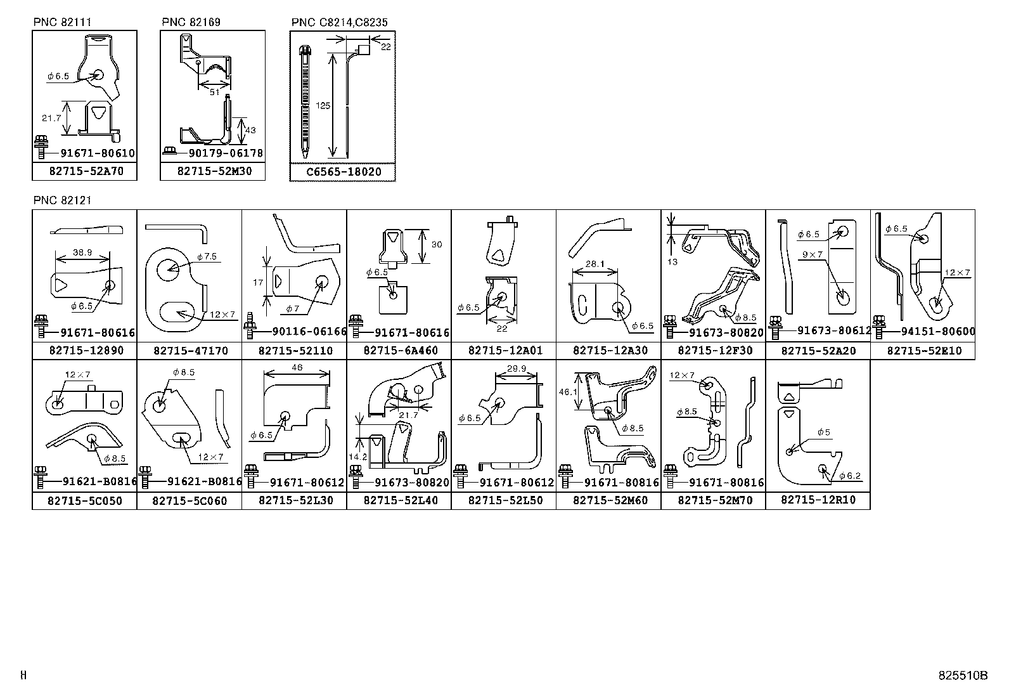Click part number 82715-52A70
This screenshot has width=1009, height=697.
pos(84,171)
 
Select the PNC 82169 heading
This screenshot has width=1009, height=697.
pos(191,22)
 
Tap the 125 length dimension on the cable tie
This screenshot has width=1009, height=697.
pos(323,106)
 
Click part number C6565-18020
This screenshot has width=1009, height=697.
pos(342,172)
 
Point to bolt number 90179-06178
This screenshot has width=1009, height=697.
pos(225,153)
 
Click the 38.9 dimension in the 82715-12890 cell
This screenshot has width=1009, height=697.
pos(82,252)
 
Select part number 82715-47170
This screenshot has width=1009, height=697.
pos(190,351)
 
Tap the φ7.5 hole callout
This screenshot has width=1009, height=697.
pos(207,257)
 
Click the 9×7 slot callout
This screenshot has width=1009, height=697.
pos(811,254)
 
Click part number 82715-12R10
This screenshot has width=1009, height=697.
pos(818,500)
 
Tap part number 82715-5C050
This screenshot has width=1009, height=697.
pos(85,500)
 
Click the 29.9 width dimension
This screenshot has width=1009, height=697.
pos(515,368)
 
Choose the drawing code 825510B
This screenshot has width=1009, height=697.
pos(963,676)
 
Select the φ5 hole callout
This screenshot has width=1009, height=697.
pos(823,433)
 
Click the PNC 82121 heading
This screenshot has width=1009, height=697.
pos(62,200)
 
